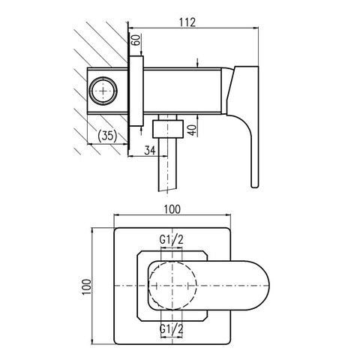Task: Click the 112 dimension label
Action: point(187,22)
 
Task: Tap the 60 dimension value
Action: point(136,39)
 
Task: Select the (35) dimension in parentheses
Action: point(107,136)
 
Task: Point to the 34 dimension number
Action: point(150,150)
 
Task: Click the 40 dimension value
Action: point(192,130)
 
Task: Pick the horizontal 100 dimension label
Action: point(172,209)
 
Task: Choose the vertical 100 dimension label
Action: point(87,286)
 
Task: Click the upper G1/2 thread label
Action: point(172,240)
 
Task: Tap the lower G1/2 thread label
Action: point(172,329)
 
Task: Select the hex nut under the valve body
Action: point(168,128)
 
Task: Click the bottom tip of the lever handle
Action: point(255,187)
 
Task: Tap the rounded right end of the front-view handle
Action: point(269,286)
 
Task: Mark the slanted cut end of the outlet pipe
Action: point(167,188)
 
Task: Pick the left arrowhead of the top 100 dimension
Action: point(116,214)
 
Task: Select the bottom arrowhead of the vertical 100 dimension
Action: point(92,342)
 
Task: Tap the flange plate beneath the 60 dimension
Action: point(136,91)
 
